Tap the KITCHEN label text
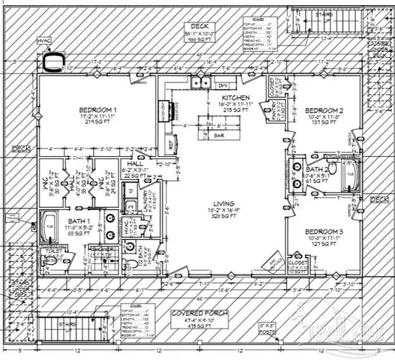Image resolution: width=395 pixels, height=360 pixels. [x=235, y=98]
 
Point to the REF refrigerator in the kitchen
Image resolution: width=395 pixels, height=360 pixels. [x=169, y=141]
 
